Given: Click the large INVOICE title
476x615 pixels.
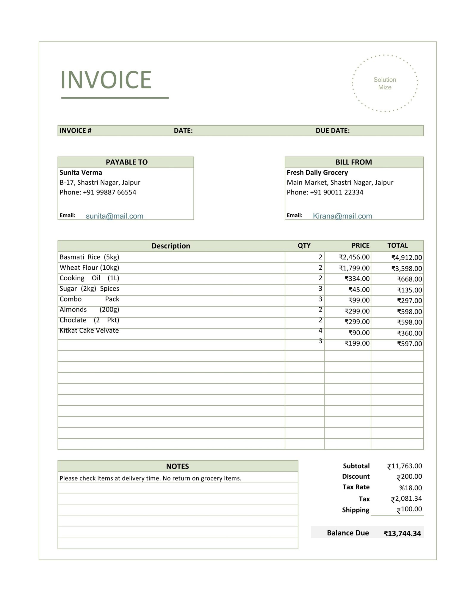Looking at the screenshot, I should tap(106, 80).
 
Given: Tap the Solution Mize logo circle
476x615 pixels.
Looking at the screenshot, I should tap(384, 83).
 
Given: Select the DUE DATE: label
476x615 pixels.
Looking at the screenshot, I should tap(333, 131).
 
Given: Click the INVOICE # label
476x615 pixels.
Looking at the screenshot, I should tap(76, 131).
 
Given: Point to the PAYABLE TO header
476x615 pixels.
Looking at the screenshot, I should tap(126, 162).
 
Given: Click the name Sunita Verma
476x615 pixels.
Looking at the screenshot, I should tap(81, 173).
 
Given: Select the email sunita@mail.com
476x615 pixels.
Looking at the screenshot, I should tap(115, 216).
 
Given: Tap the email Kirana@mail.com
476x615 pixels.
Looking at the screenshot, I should tap(342, 216).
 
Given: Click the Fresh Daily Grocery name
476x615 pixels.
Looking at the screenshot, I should tap(317, 173).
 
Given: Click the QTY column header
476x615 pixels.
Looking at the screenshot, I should tap(304, 246).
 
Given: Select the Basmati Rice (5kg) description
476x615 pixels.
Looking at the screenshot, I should tap(89, 257).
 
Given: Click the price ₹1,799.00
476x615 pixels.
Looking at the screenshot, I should tap(354, 268).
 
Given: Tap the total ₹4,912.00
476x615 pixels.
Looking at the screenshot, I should tap(407, 257).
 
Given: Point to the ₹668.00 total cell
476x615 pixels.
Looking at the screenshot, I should tap(409, 279).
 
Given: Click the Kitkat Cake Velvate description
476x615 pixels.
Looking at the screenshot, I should tap(89, 331).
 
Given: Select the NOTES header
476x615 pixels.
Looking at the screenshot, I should tap(177, 466).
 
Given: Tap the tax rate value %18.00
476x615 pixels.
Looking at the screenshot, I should tap(411, 488).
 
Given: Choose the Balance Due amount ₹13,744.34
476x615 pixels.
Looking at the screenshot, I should tap(402, 533).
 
